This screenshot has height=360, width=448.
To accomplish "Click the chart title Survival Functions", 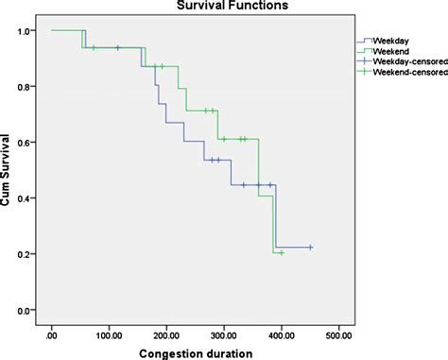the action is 233,6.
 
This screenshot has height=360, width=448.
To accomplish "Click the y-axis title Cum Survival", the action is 5,170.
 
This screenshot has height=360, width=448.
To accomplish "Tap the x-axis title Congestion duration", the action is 196,353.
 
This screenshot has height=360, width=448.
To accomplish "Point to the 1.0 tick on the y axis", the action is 24,31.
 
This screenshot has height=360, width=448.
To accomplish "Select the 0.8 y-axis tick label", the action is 24,87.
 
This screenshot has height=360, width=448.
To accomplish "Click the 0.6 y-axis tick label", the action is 24,143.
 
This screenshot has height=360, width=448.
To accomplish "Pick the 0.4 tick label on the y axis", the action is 24,198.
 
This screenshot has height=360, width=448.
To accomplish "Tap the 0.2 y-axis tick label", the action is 24,254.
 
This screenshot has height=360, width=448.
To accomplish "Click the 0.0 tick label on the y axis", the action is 24,310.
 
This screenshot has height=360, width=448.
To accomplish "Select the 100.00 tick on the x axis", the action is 109,335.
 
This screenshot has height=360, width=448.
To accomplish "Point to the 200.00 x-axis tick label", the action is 166,335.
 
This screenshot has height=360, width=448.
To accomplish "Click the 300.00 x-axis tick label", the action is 224,335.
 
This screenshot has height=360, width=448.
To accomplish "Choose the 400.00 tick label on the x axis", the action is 282,335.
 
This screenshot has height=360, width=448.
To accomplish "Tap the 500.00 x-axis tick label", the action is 338,335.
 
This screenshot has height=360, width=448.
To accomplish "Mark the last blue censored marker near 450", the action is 311,248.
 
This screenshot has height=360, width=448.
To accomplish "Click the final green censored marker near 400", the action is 282,253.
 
